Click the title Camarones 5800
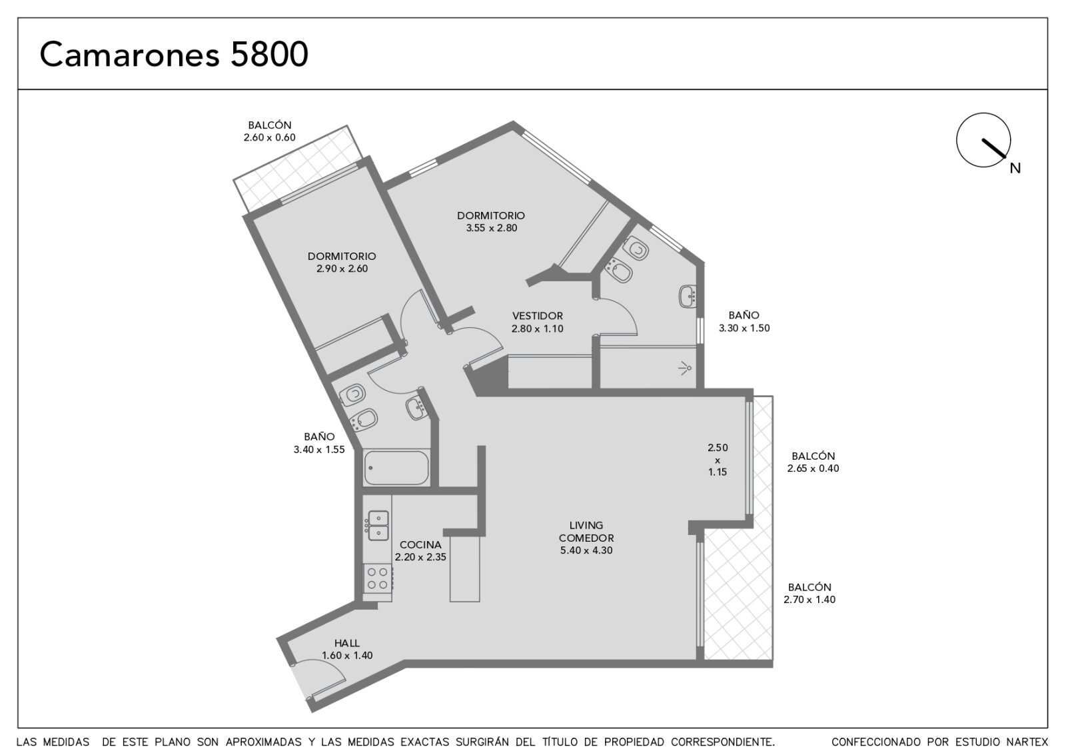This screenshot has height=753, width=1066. click(x=174, y=54)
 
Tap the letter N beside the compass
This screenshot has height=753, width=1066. click(x=1015, y=169)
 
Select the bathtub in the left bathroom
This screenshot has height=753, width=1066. click(x=396, y=468)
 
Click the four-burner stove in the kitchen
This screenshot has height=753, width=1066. click(x=377, y=578)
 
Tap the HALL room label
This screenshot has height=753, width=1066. click(x=347, y=643)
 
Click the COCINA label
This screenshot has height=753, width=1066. click(x=420, y=544)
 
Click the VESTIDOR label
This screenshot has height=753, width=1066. click(x=538, y=316)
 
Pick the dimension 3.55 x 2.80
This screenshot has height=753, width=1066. click(x=492, y=228)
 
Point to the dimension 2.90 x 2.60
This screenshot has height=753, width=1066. click(x=342, y=269)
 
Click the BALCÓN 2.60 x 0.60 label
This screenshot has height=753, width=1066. click(x=270, y=131)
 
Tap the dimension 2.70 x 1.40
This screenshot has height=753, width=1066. click(x=809, y=600)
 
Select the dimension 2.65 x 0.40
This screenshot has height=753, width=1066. click(x=813, y=468)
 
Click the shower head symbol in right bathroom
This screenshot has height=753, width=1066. click(x=686, y=368)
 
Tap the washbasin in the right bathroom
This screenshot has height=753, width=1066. click(x=688, y=297)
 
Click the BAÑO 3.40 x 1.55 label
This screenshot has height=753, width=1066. click(x=319, y=443)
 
